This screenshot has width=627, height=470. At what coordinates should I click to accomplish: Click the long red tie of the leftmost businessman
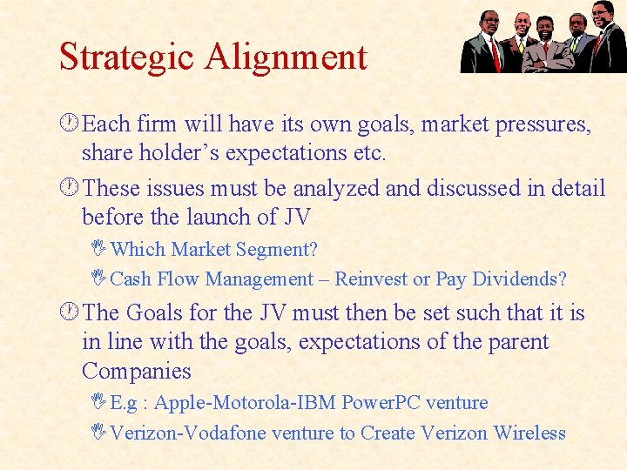coord(494,52)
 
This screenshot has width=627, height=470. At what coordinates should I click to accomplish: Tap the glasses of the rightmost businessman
coord(601,13)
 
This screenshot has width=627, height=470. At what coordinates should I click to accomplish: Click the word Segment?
coord(276,249)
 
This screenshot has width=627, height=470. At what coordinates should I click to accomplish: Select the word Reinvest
coord(371,279)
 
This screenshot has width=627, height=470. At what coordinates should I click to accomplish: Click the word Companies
coord(136,371)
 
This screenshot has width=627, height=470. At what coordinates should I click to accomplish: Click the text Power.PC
coord(381,403)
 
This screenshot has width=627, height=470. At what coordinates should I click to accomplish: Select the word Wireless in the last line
coord(529,433)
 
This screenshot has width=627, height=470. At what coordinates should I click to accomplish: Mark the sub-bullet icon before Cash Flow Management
coord(102,279)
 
